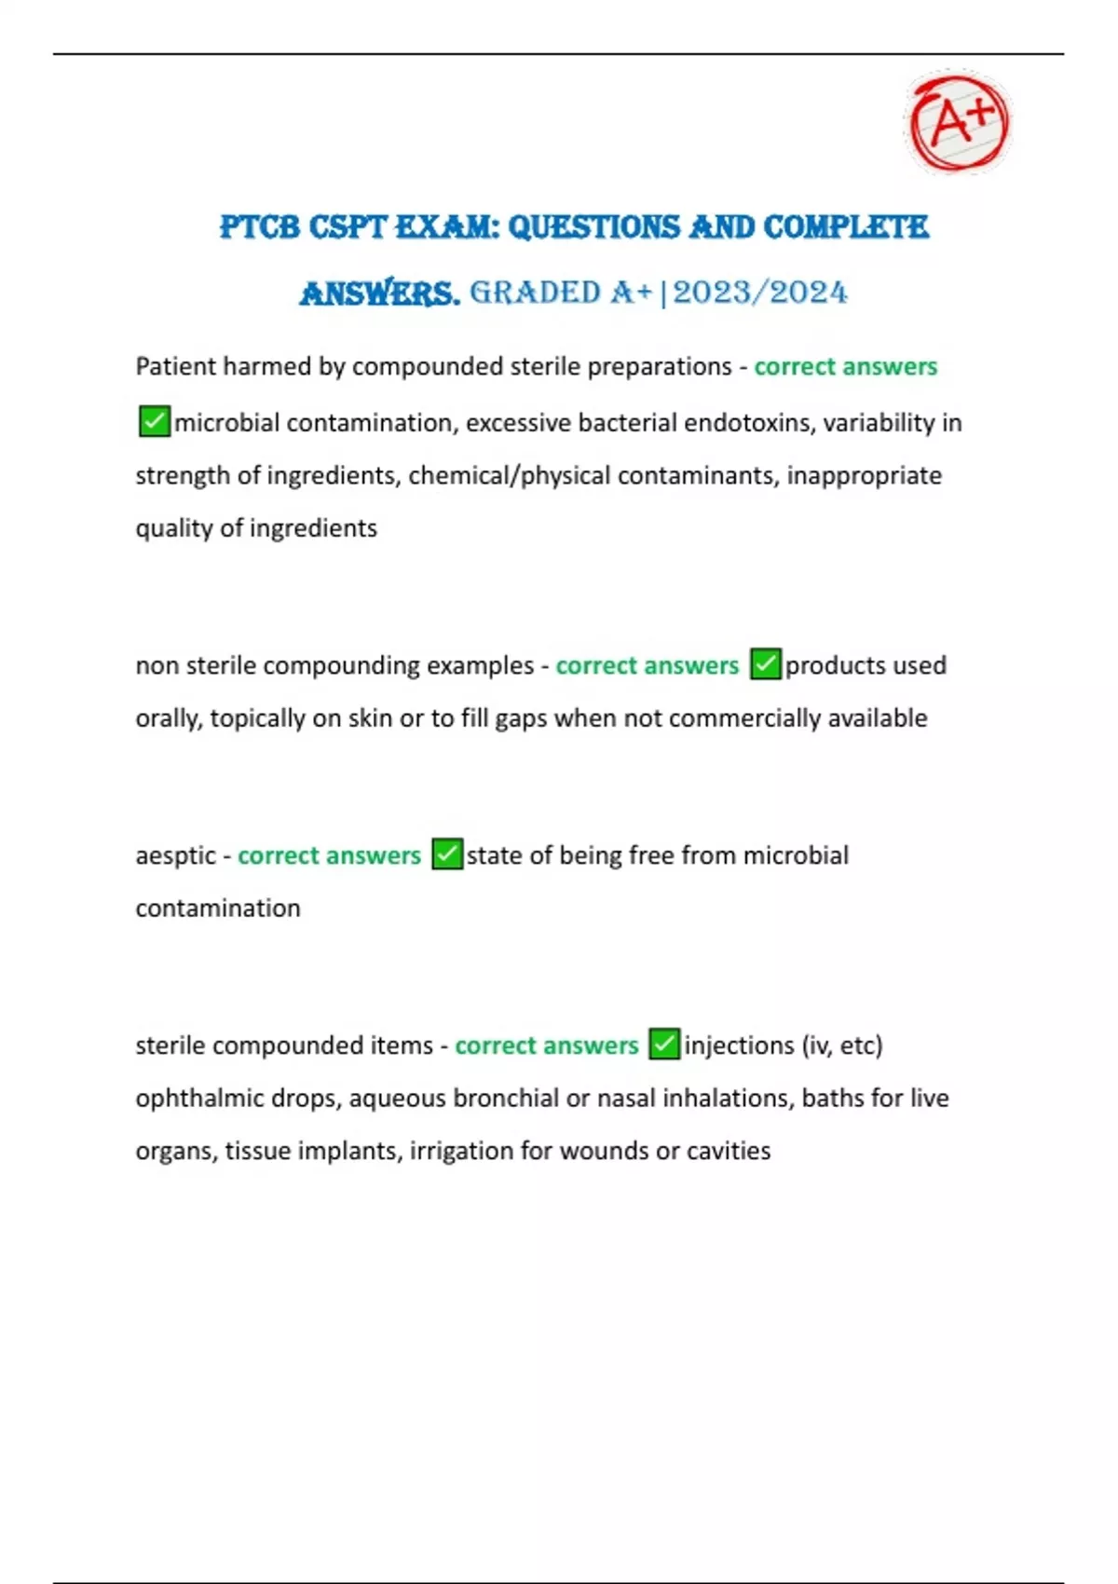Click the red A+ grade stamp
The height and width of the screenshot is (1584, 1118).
click(958, 122)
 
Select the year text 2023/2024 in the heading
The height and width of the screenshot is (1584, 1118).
click(760, 293)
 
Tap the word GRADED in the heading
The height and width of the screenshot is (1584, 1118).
click(535, 293)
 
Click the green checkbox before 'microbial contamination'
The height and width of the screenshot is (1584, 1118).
click(154, 421)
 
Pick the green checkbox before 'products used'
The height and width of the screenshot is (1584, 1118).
click(766, 664)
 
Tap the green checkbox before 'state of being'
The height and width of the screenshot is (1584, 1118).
click(447, 854)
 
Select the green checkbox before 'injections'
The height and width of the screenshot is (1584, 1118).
click(664, 1044)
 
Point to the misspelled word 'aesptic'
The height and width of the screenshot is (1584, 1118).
click(175, 855)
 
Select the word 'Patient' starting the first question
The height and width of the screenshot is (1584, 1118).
click(175, 366)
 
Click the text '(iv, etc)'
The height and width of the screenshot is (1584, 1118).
click(841, 1045)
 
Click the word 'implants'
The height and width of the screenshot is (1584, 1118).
click(349, 1151)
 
